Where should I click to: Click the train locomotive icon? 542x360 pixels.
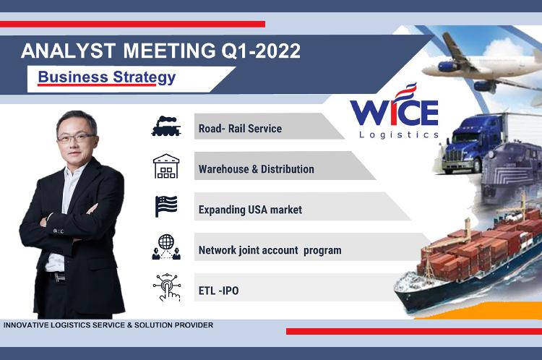pos(166,127)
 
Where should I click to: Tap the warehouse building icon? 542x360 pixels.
pos(166,166)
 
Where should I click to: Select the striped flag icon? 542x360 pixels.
pos(166,207)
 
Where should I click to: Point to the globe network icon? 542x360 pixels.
pos(166,247)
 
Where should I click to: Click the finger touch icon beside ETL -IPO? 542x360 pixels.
pos(167,288)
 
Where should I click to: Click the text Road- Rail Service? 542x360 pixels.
pos(240,129)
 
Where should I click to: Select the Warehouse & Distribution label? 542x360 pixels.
pos(256,169)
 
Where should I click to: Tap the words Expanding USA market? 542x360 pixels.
pos(250,210)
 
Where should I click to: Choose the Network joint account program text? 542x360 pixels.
pos(270,250)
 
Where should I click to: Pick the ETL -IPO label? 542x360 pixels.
pos(218,291)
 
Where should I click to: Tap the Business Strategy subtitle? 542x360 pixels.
pos(107,77)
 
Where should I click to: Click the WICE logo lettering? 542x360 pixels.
pos(394,110)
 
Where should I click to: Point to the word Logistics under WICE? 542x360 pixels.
pos(399,134)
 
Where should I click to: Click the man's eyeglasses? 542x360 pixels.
pos(75,138)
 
